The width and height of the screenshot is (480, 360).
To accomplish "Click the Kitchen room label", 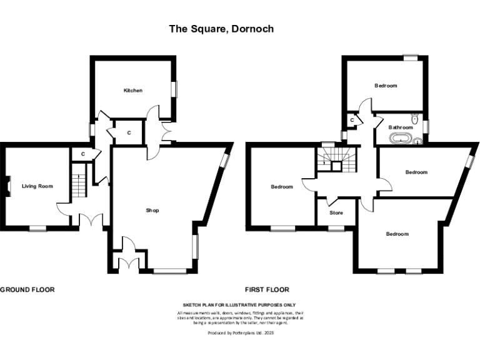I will [132, 91].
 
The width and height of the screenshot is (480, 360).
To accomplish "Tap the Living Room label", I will [37, 186].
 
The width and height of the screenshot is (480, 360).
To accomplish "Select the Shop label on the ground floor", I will [152, 211].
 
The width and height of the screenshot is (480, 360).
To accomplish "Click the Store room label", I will [336, 212].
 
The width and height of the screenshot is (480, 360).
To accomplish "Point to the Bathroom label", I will [401, 127].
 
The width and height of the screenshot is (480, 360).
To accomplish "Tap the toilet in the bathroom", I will [415, 118].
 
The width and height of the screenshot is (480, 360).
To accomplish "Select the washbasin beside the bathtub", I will [417, 141].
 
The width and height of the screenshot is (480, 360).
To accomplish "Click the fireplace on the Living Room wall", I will [8, 186].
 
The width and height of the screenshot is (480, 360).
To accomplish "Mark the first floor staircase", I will [335, 160].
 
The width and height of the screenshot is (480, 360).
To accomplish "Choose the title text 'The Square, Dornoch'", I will [221, 29].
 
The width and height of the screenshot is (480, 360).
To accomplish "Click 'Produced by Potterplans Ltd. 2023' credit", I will [241, 334].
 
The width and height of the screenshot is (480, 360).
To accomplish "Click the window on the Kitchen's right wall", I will [176, 89].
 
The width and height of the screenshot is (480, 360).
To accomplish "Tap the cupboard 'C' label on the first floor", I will [352, 119].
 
